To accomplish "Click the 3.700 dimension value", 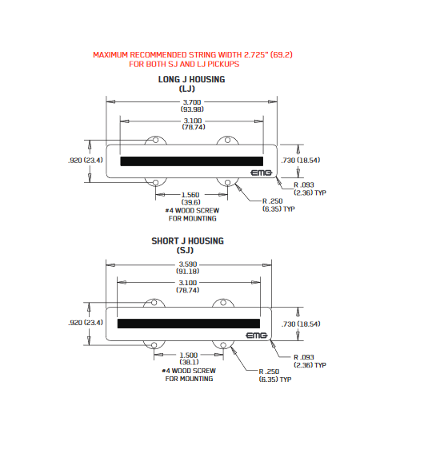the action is pos(192,102).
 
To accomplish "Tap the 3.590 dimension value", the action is pos(188,264).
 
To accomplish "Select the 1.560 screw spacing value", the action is pos(190,195).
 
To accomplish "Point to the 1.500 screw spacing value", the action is pos(189,355).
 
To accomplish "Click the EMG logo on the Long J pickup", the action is pos(261,173).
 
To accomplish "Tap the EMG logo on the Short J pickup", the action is pos(257,336).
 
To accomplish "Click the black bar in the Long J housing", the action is pos(192,161).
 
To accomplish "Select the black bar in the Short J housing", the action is pos(189,324).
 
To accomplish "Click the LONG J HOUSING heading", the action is pos(191,79).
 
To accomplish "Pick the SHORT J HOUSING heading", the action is pos(188,240).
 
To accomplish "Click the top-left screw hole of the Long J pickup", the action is pos(156,140).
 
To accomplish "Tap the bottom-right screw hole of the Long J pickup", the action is pos(227,182).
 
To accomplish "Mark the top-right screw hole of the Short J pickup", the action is pos(223,303).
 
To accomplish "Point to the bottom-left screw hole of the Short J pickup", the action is pos(154,345).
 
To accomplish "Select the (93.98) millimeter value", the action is pos(192,109).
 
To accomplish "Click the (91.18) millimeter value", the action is pos(188,271).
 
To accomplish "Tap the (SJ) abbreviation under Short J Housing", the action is pos(185,250).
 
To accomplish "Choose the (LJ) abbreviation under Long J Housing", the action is pos(187,89).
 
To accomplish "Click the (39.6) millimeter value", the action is pos(191,202).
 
